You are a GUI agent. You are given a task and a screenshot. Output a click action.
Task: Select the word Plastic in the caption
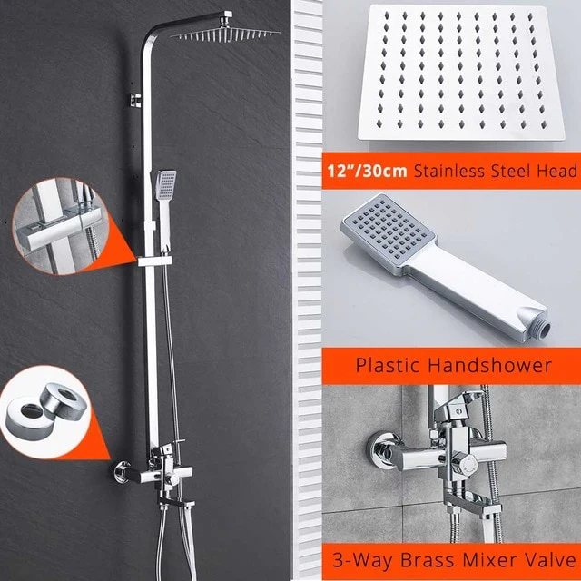(x=386, y=365)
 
